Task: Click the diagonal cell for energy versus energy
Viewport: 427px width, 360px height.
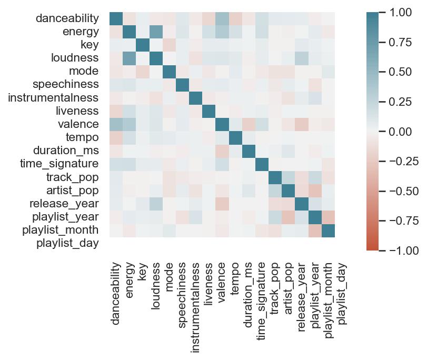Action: click(x=129, y=32)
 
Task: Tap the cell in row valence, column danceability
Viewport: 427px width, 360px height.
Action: click(x=116, y=124)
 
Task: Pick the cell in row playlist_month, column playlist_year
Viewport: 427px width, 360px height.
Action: click(x=315, y=229)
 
